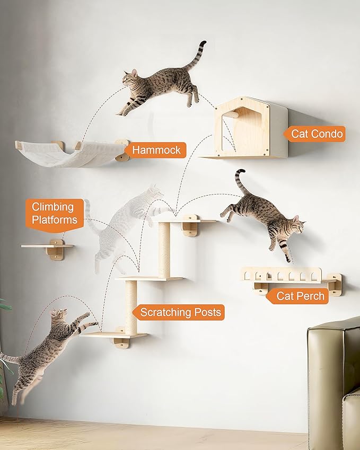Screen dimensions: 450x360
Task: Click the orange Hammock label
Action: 156,150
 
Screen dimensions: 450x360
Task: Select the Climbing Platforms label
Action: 54,213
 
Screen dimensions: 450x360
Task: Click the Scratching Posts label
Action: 180,312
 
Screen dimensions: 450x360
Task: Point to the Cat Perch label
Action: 301,296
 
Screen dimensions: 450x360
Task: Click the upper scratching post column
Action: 164,249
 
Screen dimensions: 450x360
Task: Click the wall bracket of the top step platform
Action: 189,225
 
